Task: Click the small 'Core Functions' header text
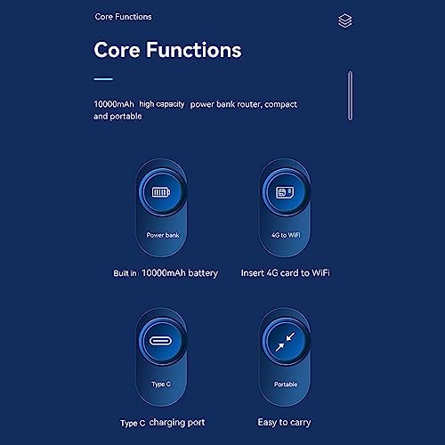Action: click(123, 17)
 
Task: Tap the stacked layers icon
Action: click(345, 20)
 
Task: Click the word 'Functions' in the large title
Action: click(194, 50)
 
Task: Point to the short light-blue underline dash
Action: click(103, 79)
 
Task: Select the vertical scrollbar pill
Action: click(351, 95)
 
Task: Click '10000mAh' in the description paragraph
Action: click(114, 104)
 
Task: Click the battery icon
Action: click(161, 192)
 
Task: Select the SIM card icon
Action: click(286, 192)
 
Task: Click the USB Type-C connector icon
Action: click(161, 341)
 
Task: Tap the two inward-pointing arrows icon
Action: click(285, 342)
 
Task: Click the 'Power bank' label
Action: click(163, 235)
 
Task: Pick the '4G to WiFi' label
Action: click(286, 235)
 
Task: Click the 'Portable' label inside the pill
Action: click(286, 384)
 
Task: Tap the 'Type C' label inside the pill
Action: click(161, 384)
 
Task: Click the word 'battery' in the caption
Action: click(203, 273)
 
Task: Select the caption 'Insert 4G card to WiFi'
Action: click(286, 273)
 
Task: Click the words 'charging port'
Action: click(177, 423)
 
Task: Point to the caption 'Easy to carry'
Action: click(284, 422)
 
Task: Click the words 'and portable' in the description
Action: click(117, 117)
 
